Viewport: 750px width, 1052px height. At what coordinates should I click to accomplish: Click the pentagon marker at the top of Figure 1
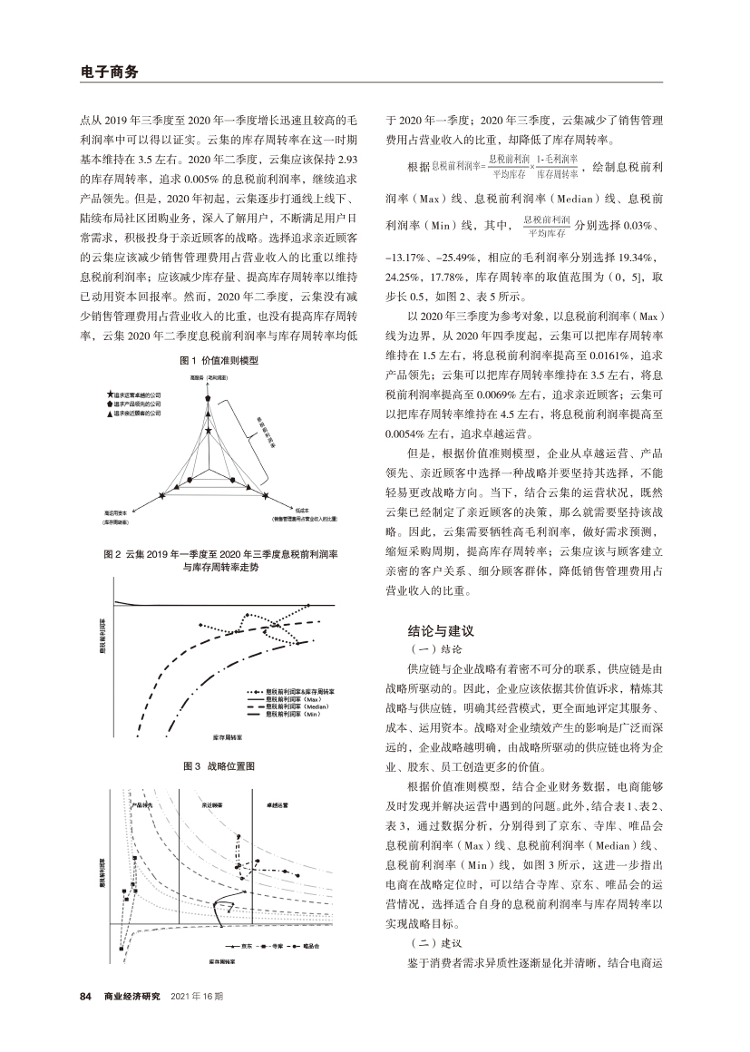(209, 398)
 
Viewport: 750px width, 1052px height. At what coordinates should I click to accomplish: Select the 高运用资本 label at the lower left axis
(119, 511)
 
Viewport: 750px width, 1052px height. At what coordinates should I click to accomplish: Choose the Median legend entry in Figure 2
(290, 706)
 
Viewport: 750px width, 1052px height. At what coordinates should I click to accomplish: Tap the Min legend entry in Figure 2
(288, 715)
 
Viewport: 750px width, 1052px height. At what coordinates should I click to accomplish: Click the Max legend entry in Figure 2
(287, 699)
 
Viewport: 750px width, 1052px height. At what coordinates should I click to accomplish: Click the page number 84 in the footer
(86, 997)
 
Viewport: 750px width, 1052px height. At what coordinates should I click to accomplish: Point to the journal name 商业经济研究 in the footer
(132, 997)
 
